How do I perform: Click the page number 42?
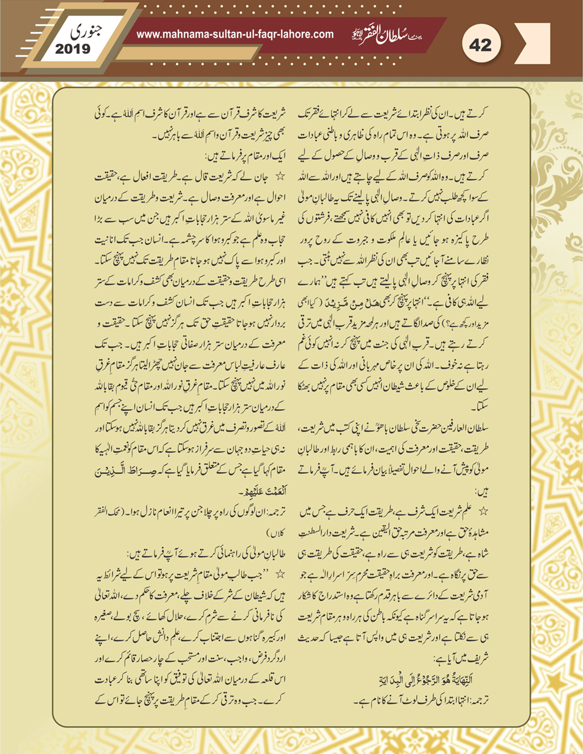pyautogui.click(x=480, y=44)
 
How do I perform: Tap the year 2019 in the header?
pyautogui.click(x=73, y=49)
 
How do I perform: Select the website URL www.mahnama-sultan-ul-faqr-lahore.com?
pyautogui.click(x=235, y=34)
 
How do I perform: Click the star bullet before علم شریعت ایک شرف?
pyautogui.click(x=484, y=511)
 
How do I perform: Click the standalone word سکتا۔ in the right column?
pyautogui.click(x=478, y=407)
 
